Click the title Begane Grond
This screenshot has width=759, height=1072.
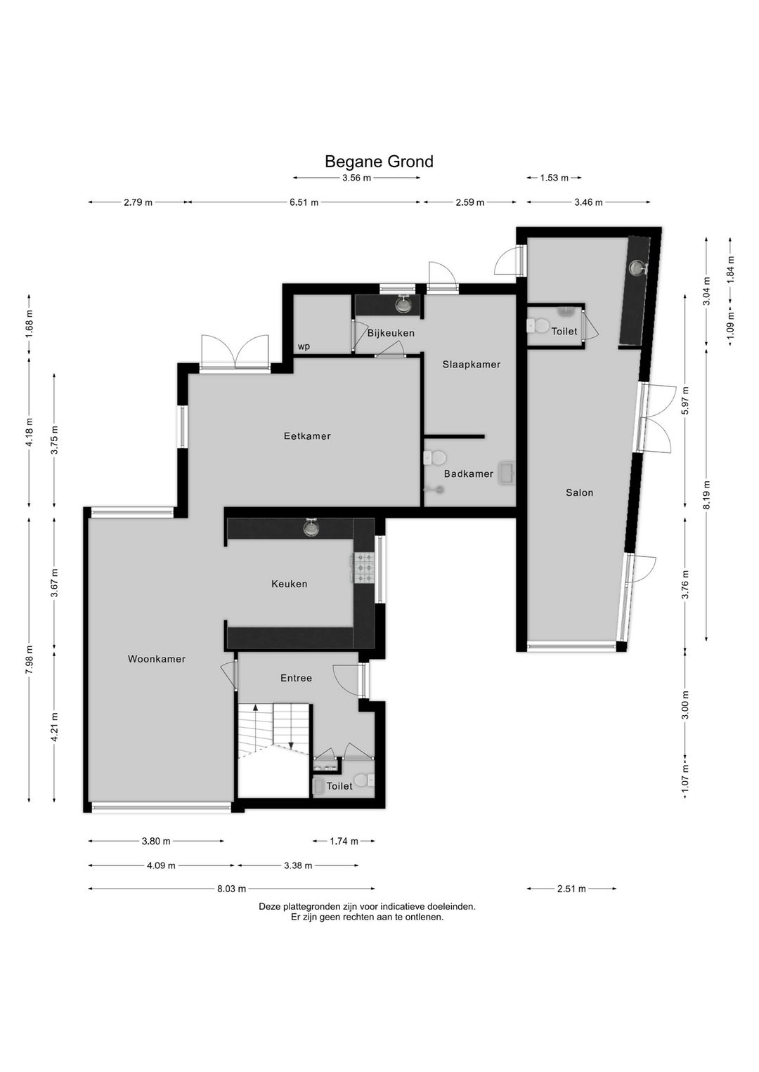click(x=379, y=162)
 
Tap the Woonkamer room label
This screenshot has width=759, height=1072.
click(x=157, y=659)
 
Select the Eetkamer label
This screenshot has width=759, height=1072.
click(x=307, y=436)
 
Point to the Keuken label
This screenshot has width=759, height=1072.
click(x=290, y=584)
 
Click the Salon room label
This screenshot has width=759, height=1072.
click(x=579, y=492)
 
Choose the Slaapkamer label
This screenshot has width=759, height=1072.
click(x=471, y=364)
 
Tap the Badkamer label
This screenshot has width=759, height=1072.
click(x=468, y=473)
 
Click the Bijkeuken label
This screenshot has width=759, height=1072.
click(x=391, y=332)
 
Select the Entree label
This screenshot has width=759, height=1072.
click(x=296, y=678)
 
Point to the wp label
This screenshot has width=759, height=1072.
click(x=304, y=346)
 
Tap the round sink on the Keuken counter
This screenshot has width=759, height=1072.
click(x=311, y=528)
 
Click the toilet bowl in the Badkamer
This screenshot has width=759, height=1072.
click(x=435, y=457)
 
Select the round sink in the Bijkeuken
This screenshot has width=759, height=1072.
click(x=404, y=305)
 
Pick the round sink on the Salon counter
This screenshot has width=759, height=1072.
click(x=637, y=268)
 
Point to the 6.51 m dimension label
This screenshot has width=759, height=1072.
click(x=304, y=202)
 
